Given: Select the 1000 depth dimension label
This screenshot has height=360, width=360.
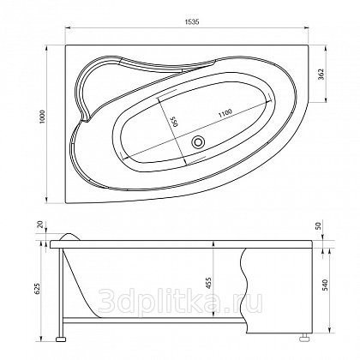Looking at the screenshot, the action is pos(42,117).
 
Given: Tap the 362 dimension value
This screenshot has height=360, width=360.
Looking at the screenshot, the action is pos(321,75).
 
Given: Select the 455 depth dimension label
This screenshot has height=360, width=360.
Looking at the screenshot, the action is pos(208,282).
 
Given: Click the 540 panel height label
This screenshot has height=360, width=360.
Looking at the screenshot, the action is pos(326,285).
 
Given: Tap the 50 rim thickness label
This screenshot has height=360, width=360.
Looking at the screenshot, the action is pos(320,225).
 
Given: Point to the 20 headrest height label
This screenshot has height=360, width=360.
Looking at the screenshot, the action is pos(42,225).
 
